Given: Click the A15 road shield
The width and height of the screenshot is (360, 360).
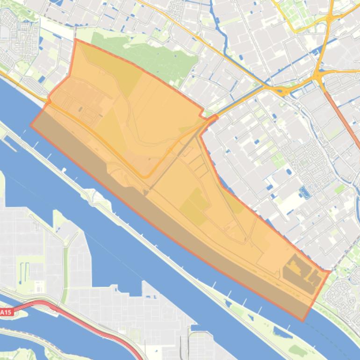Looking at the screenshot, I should pos(6,312).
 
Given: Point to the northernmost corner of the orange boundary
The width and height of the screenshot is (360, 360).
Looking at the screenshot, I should pos(76,40).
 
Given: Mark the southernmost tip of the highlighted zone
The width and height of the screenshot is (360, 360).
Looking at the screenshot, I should pos(303,321).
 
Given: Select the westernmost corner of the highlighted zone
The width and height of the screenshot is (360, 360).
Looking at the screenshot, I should pos(31,125).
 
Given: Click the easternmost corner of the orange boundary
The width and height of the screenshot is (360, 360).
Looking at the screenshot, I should pos(330,271).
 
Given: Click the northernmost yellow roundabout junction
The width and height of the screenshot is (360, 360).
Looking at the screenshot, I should pos(330,19).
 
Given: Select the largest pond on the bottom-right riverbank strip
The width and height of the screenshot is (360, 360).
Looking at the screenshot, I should pos(283,333).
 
